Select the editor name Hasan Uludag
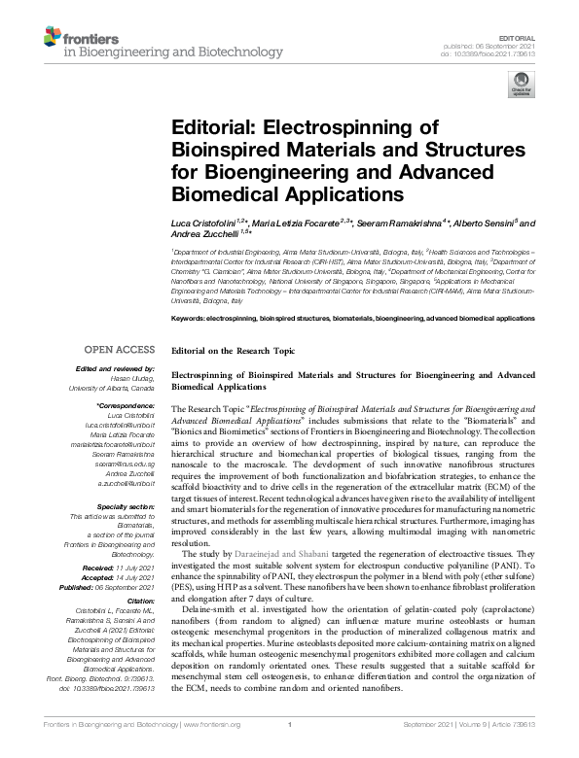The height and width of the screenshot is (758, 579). (x=131, y=379)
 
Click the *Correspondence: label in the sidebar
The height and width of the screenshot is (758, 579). (x=127, y=404)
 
